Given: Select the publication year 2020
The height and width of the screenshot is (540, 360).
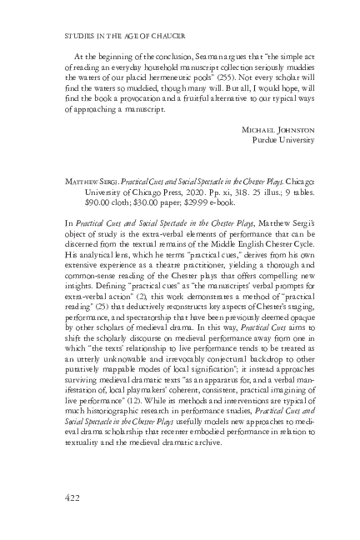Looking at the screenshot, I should pyautogui.click(x=197, y=188).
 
